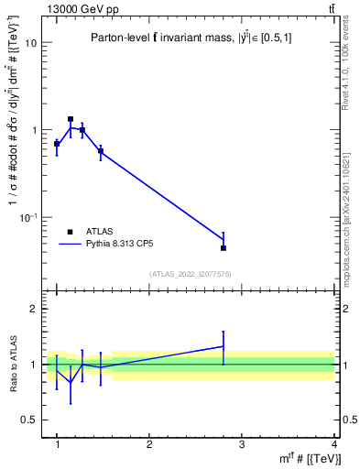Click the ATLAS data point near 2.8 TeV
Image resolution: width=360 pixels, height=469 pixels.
224,247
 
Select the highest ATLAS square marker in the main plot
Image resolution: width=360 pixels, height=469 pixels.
71,119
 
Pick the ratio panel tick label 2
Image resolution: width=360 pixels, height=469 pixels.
33,310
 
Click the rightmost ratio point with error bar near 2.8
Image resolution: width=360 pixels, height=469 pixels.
224,346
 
